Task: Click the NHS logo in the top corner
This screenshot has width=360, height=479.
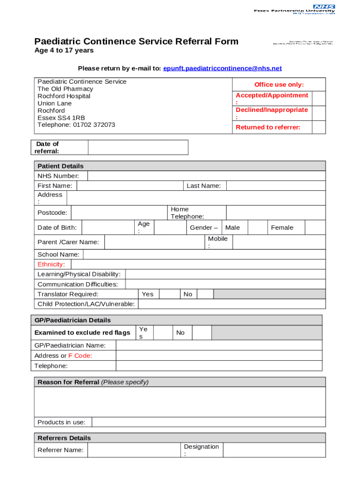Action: (x=324, y=7)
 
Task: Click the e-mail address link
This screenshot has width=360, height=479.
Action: (x=222, y=68)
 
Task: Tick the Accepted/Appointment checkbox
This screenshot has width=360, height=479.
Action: (x=318, y=99)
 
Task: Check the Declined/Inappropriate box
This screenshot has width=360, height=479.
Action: (x=318, y=113)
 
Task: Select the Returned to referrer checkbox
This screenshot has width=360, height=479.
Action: (x=318, y=127)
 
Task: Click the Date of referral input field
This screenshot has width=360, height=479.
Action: (x=138, y=147)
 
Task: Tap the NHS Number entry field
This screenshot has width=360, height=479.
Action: (x=206, y=176)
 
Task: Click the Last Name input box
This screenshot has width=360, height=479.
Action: (x=276, y=186)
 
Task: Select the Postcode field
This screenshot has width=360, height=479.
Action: (x=119, y=213)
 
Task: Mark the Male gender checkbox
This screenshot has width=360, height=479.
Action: (x=257, y=228)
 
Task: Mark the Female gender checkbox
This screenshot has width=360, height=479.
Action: (x=315, y=228)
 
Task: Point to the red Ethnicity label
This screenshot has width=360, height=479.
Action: (x=51, y=264)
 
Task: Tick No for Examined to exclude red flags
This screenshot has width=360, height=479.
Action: (x=202, y=333)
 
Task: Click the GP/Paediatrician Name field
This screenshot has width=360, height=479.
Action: (x=219, y=345)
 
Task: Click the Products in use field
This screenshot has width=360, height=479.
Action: (x=209, y=422)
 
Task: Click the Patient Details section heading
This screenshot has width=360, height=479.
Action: (x=60, y=166)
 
